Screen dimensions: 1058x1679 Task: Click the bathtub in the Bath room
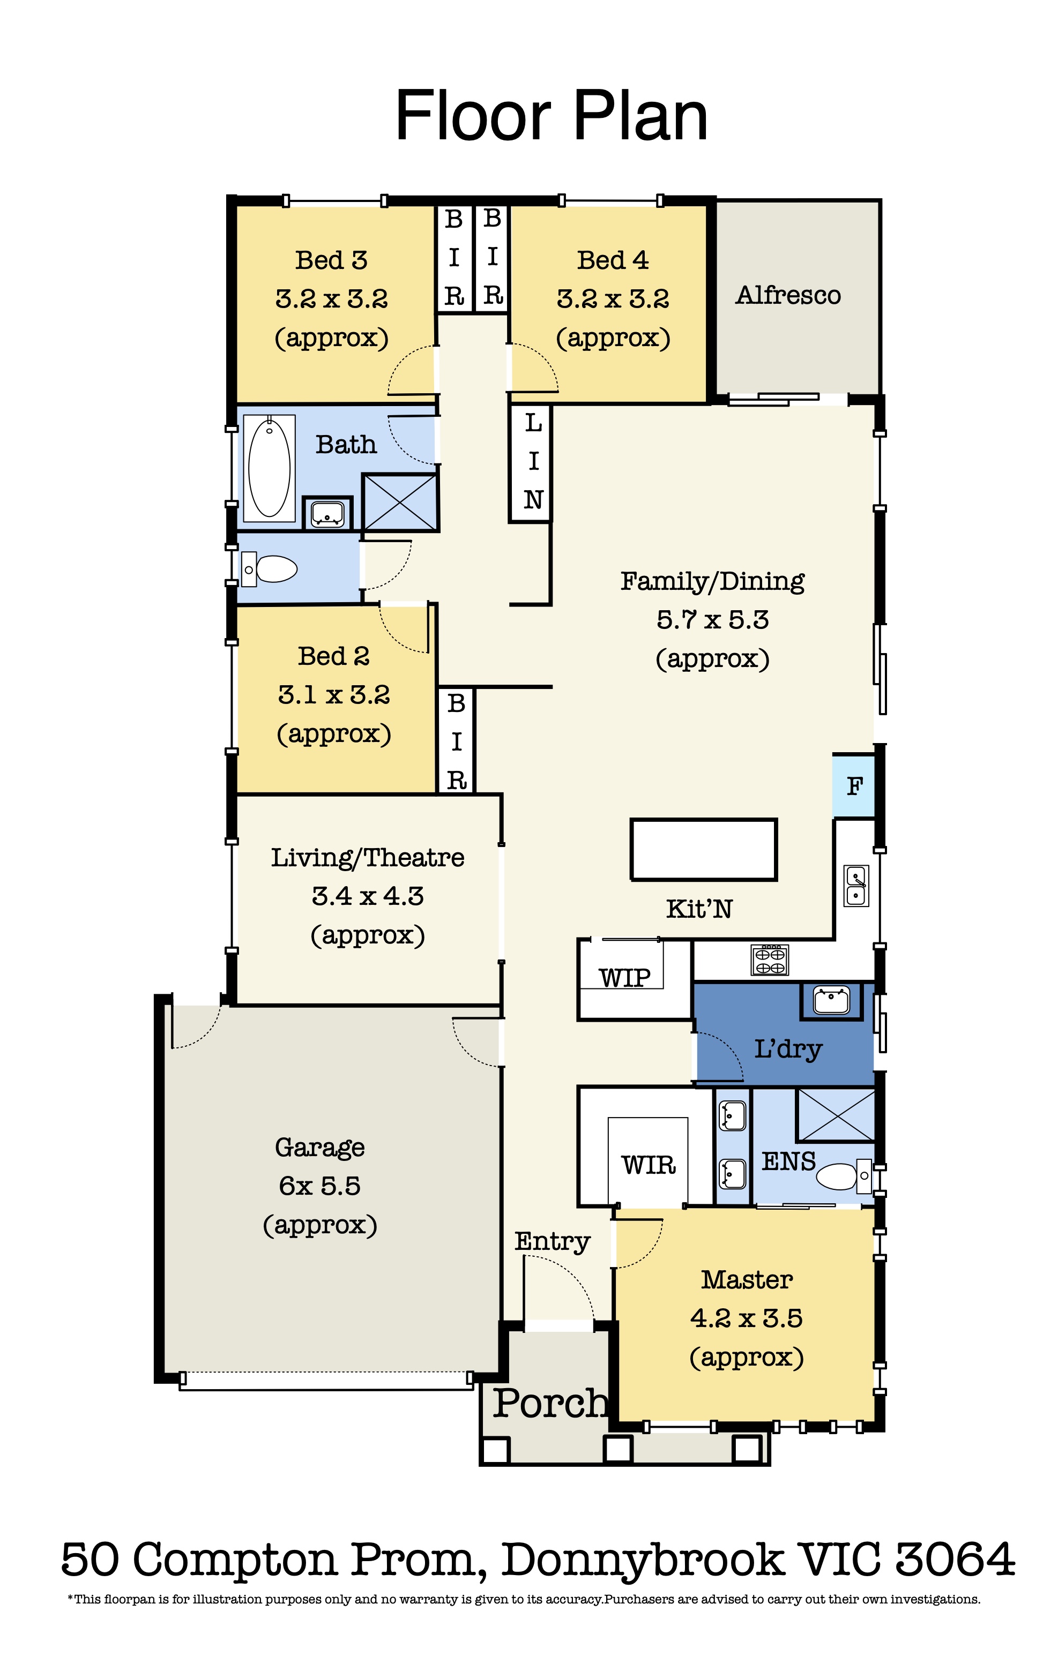click(269, 468)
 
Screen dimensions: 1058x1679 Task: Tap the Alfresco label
click(788, 295)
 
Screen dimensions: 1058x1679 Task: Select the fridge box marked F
click(854, 786)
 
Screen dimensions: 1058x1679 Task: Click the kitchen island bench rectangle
click(703, 849)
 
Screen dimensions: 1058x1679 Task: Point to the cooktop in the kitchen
click(770, 960)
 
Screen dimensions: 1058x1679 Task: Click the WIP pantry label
click(624, 978)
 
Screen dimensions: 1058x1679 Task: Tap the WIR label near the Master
click(649, 1164)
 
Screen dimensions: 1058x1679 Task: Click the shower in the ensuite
click(836, 1114)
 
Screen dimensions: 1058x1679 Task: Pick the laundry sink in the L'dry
click(831, 1001)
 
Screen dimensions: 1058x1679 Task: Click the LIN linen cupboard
click(531, 462)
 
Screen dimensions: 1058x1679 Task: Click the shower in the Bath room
click(400, 501)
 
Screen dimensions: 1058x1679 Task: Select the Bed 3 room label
click(331, 260)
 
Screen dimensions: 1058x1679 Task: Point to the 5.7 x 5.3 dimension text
click(712, 619)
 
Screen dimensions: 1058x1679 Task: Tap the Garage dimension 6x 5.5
click(319, 1186)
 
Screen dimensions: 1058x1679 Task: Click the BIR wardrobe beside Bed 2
click(456, 740)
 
